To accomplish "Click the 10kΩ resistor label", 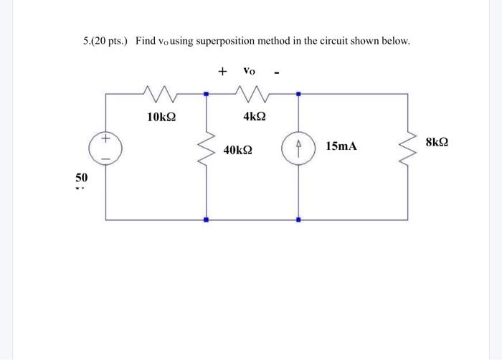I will [x=161, y=116].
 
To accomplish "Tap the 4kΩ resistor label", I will [x=254, y=116].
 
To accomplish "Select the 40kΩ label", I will [x=237, y=151].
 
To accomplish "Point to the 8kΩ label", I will [x=437, y=143].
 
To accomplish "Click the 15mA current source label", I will [x=341, y=146].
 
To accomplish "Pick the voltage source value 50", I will [x=82, y=176].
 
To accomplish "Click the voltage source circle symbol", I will [x=106, y=148].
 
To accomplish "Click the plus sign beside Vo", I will [x=223, y=71].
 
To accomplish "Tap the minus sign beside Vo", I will [x=276, y=72].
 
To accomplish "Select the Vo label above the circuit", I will [x=249, y=70].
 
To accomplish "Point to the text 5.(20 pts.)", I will [x=105, y=42].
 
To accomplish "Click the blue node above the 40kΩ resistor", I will [x=207, y=93].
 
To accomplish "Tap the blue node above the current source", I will [x=298, y=93].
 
